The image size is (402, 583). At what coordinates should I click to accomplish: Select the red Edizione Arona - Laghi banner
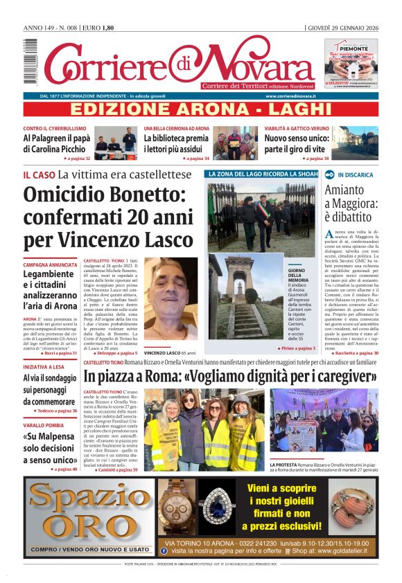201,109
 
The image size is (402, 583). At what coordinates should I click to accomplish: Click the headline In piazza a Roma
229,377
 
